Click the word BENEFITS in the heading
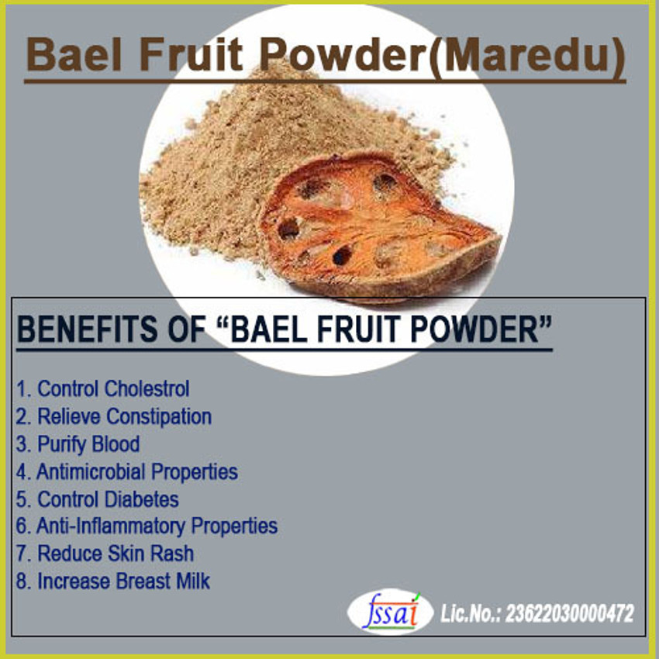pyautogui.click(x=82, y=329)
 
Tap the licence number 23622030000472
pyautogui.click(x=570, y=615)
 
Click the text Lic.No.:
pyautogui.click(x=470, y=615)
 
